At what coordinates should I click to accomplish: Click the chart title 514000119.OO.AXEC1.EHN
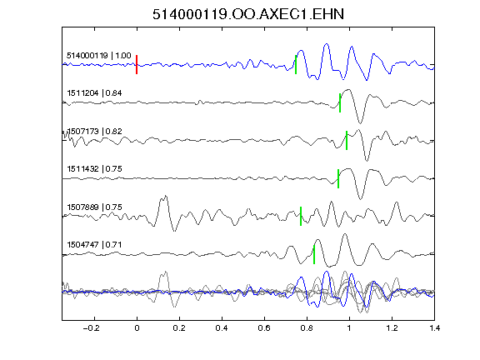coord(248,14)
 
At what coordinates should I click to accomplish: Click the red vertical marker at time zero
coord(137,65)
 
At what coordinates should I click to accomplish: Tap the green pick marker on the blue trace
coord(296,65)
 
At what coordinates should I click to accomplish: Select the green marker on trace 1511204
coord(340,102)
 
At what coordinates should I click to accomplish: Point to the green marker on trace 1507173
coord(347,141)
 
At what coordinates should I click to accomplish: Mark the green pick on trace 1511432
coord(338,178)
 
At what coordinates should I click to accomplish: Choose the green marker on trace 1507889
coord(301,216)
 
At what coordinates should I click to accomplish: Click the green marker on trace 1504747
coord(314,254)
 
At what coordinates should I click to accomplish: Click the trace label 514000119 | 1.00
coord(99,55)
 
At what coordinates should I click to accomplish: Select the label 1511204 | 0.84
coord(94,92)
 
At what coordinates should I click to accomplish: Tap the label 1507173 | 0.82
coord(94,132)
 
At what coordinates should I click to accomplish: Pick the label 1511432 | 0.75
coord(94,168)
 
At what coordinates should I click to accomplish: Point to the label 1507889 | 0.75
coord(94,207)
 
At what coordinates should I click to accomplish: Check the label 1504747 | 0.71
coord(94,245)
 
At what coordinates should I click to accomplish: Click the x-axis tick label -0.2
coord(91,328)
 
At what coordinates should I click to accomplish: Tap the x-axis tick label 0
coord(137,328)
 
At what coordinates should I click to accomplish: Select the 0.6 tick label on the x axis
coord(264,328)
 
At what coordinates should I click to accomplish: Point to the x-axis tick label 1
coord(349,328)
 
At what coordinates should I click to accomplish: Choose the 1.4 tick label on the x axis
coord(434,328)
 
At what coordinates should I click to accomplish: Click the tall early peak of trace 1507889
coord(165,196)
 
